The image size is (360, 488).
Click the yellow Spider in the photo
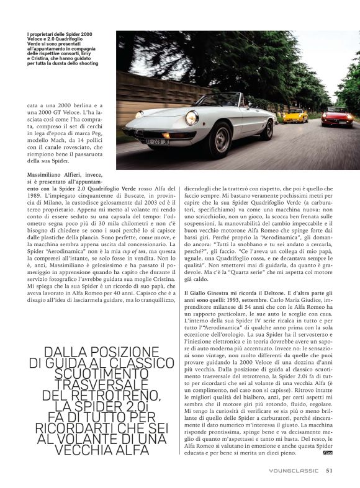pyautogui.click(x=295, y=116)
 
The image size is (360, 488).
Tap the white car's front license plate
pyautogui.click(x=156, y=141)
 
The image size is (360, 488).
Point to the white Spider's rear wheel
pyautogui.click(x=267, y=129)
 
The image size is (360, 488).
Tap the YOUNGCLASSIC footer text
pyautogui.click(x=294, y=470)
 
